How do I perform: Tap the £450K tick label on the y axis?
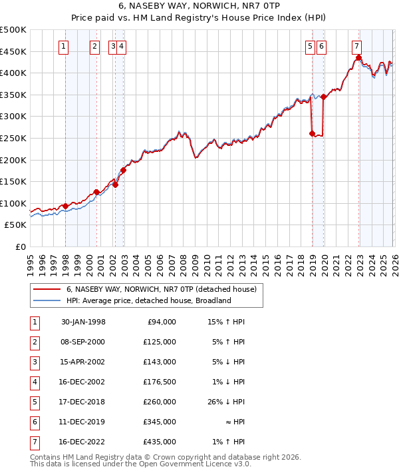[x=13, y=51]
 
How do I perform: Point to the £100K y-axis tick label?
[x=13, y=203]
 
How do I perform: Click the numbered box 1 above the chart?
[x=64, y=46]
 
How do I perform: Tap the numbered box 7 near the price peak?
[x=357, y=46]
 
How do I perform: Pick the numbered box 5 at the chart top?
[x=311, y=46]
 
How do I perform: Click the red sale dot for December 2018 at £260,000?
[x=312, y=133]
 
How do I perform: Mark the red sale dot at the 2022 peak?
[x=358, y=57]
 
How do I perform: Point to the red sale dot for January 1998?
[x=65, y=206]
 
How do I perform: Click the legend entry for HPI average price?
[x=148, y=300]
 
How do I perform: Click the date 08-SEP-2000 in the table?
[x=83, y=342]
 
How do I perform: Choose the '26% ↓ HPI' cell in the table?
[x=225, y=402]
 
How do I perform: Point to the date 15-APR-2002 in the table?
[x=83, y=362]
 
